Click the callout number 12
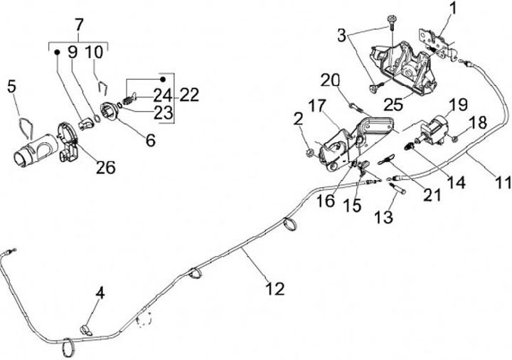(x=274, y=289)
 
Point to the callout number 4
(x=100, y=292)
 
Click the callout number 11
(x=502, y=183)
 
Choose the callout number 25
(x=393, y=105)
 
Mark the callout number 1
(x=454, y=9)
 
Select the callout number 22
(x=190, y=95)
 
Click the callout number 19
(x=458, y=105)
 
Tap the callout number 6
(x=150, y=141)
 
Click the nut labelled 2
(x=310, y=153)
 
